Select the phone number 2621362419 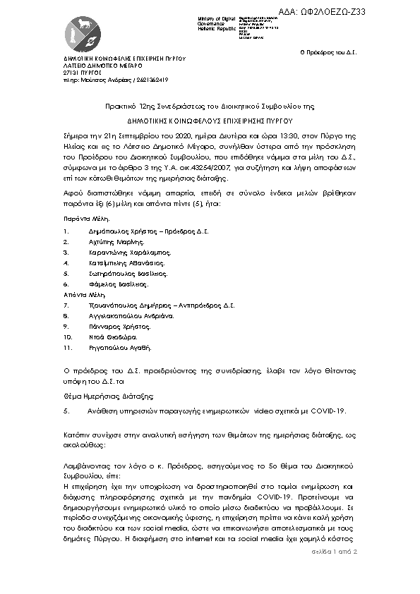coord(153,79)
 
